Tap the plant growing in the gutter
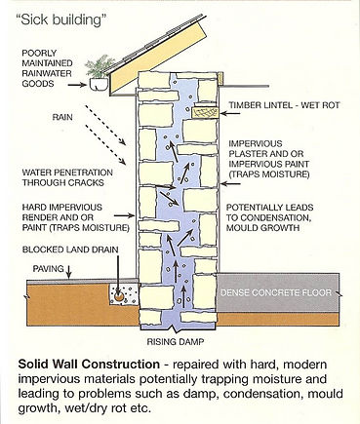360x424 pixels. pos(99,68)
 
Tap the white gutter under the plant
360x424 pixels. pos(99,85)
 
